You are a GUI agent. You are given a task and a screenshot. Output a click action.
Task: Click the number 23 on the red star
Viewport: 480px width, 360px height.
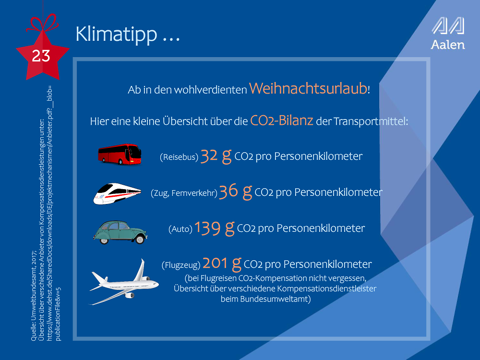tap(41, 56)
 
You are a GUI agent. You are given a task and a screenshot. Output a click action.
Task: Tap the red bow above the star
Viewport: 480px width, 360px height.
tap(42, 23)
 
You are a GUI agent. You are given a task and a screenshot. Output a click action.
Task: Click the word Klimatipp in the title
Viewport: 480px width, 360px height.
tap(116, 34)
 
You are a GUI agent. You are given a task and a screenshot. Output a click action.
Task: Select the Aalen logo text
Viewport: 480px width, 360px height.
tap(448, 45)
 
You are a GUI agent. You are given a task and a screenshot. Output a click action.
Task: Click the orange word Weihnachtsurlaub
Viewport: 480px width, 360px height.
tap(308, 88)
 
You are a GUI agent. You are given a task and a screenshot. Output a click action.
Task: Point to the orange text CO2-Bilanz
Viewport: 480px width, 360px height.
tap(282, 120)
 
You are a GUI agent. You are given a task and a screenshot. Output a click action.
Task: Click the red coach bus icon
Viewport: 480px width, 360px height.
tap(120, 154)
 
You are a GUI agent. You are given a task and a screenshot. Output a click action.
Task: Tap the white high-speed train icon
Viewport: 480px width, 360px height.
tap(117, 193)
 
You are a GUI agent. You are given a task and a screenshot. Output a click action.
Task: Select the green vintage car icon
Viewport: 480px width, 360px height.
tap(120, 232)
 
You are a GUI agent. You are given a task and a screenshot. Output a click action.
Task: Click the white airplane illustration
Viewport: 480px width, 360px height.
tap(124, 282)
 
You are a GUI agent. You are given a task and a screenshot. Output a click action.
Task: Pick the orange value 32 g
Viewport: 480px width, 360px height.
tap(216, 156)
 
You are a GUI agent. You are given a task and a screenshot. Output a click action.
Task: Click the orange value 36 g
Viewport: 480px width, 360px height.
tap(236, 192)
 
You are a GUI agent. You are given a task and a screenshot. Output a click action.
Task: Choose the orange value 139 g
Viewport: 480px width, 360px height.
tap(214, 228)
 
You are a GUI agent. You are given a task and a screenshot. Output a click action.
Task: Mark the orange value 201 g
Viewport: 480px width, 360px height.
tap(222, 264)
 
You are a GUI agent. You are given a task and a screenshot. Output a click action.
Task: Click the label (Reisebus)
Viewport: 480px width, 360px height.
tap(179, 157)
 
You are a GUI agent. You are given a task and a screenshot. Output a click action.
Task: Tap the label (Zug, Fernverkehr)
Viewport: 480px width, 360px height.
tap(184, 193)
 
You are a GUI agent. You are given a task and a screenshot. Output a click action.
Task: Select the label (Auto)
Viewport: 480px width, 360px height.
tap(180, 229)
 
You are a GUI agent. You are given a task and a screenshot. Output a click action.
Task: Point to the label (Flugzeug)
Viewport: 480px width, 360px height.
tap(181, 265)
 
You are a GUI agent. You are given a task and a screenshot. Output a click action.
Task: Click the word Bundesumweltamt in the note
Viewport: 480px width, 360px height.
tap(266, 299)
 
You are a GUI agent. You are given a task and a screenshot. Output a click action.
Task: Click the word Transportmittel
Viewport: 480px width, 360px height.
tap(371, 121)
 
